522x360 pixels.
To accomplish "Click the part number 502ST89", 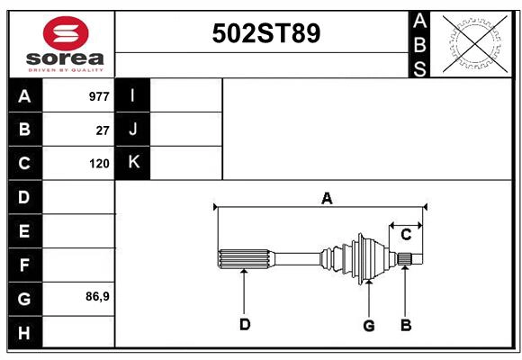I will (265, 33).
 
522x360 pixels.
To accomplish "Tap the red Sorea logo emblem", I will (66, 35).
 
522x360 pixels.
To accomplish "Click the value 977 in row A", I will (99, 96).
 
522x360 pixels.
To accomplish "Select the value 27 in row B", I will (103, 130).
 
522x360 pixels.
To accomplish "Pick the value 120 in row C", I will (99, 164).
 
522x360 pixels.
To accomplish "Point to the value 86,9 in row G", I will (97, 295).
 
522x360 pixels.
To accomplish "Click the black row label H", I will (24, 332).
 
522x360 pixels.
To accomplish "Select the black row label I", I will (133, 95).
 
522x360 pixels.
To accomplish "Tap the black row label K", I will (133, 163).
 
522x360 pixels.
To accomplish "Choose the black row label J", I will (133, 129).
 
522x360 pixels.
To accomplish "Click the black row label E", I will (24, 231).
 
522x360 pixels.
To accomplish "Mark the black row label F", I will (24, 265).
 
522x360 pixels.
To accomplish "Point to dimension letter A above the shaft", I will (327, 198).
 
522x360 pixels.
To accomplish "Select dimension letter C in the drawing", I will (406, 235).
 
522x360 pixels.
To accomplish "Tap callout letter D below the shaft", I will (244, 324).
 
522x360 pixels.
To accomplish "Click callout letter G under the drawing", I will (368, 324).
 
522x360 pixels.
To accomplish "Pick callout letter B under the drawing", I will (406, 324).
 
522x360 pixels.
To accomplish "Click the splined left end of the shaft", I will (244, 258).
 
